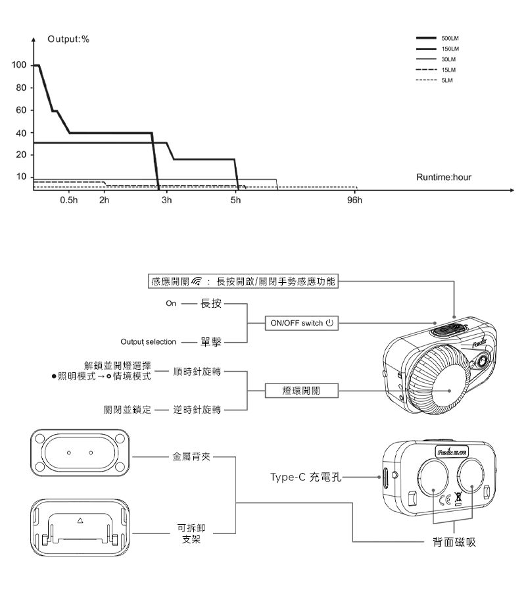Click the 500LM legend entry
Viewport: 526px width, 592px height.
[x=450, y=38]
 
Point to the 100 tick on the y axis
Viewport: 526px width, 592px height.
[x=18, y=66]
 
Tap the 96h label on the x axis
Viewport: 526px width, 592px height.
[x=354, y=200]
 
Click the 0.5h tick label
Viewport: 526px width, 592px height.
[x=68, y=200]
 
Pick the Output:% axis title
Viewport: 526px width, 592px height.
[x=68, y=40]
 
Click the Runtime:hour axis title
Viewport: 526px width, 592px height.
[x=444, y=178]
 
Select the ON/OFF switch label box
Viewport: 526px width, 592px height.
[x=300, y=323]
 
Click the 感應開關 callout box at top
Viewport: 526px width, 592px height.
[x=243, y=282]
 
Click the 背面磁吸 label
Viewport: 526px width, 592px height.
[x=454, y=542]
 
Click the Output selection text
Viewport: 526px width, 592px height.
[x=148, y=342]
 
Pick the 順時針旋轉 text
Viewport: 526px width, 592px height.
[x=197, y=372]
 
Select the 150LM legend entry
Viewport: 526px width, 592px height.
[x=450, y=49]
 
